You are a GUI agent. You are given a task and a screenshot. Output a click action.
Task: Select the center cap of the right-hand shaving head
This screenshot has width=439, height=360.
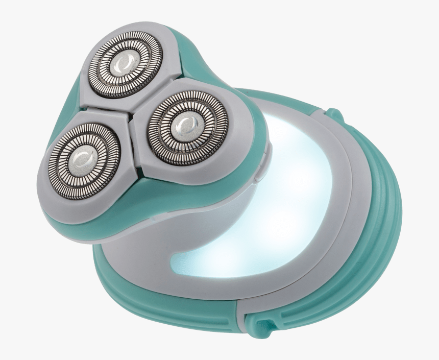pos(182,123)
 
